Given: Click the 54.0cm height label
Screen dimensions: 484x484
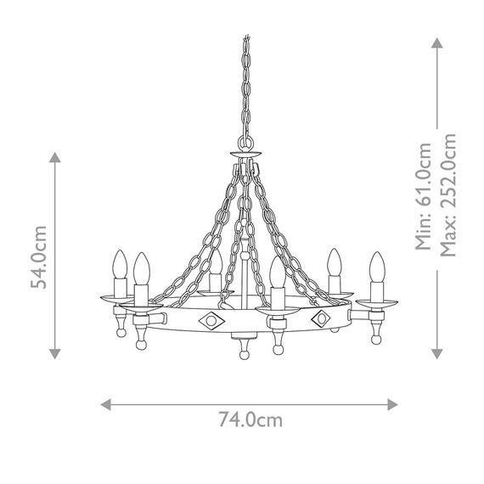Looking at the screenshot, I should coord(37,256).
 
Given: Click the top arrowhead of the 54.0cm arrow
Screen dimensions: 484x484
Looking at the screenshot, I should coord(55,157).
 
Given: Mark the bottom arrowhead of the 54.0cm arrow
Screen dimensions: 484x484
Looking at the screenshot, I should coord(55,354).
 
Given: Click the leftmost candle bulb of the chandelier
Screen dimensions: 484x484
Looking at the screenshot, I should coord(119,264).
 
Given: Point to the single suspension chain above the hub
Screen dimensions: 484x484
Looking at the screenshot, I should coord(249,85).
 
